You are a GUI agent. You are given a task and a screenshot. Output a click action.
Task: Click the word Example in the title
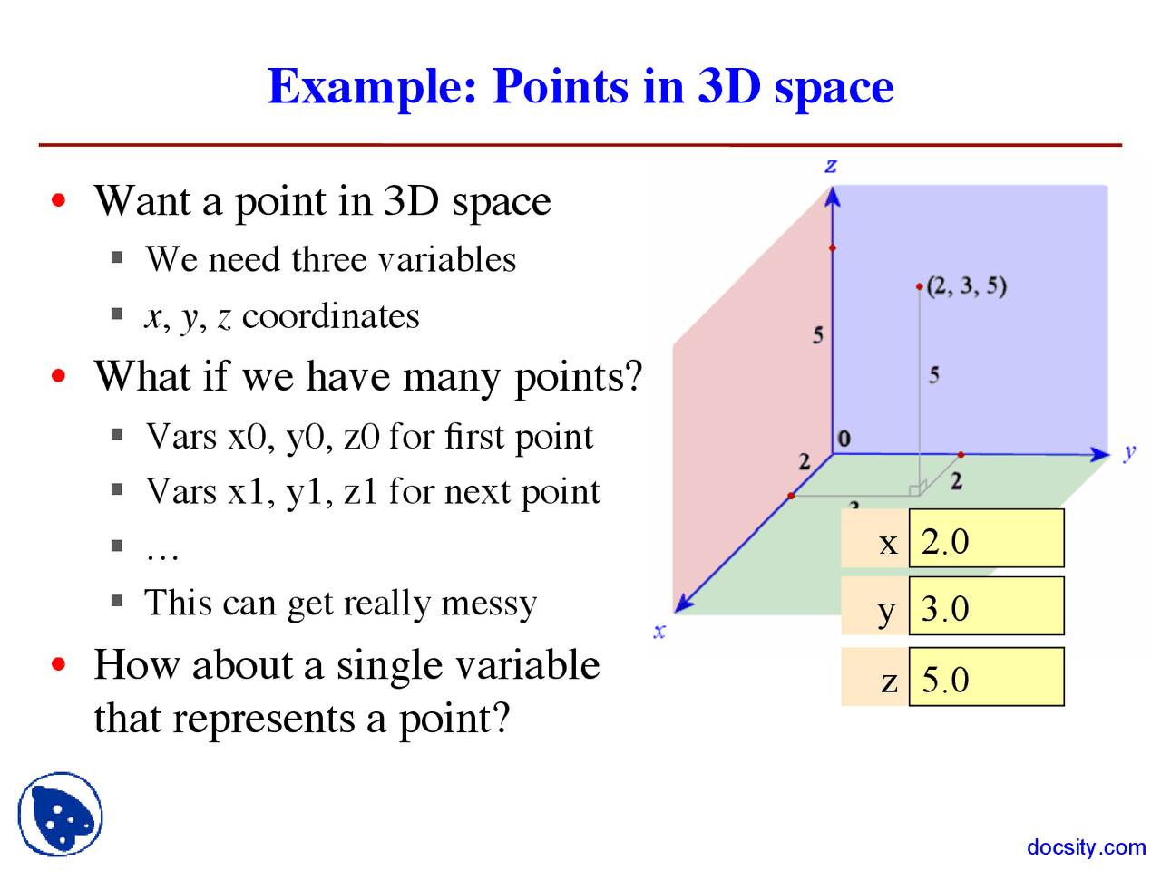tap(372, 88)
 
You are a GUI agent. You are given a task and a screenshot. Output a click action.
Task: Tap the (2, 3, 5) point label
tap(967, 286)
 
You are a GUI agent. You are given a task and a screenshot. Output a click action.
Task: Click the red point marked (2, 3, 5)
tap(920, 287)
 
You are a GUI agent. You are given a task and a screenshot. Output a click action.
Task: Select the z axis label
tap(831, 166)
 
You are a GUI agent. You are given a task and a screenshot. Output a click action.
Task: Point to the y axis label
tap(1129, 451)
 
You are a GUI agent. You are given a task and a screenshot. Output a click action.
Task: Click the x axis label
tap(659, 632)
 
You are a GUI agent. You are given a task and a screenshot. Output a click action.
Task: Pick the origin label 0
tap(844, 440)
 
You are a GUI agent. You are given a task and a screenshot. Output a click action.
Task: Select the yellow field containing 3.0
tap(986, 607)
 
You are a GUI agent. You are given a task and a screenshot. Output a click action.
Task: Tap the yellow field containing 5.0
tap(986, 677)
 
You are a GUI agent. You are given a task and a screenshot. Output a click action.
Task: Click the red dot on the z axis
tap(833, 247)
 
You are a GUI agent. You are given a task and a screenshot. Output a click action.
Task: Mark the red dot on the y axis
tap(961, 454)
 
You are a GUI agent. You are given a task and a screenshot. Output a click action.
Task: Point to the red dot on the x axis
tap(791, 496)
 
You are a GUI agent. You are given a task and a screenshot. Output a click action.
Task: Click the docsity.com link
tap(1086, 847)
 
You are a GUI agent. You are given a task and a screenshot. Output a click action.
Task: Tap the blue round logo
tap(60, 815)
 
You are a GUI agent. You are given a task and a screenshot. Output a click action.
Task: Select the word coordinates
tap(331, 316)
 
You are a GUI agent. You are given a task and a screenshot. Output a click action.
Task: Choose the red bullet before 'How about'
tap(60, 664)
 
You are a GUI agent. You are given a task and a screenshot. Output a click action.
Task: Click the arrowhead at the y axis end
tap(1101, 454)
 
